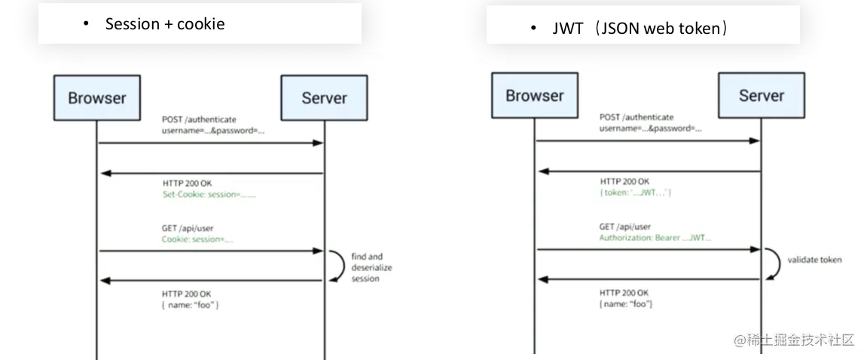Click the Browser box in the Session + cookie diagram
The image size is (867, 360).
[x=97, y=98]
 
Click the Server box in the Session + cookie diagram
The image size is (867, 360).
[x=324, y=98]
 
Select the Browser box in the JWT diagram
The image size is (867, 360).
[x=535, y=96]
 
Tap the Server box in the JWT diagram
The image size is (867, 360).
[x=761, y=96]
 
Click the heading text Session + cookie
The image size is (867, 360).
[x=165, y=24]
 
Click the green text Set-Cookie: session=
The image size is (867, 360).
[x=209, y=194]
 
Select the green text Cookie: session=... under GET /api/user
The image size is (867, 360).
[x=198, y=239]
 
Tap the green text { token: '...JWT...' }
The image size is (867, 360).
[x=636, y=193]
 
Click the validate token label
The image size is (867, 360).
[x=814, y=260]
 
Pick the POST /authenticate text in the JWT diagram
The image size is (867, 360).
[x=637, y=117]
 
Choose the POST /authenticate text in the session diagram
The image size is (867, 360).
[x=199, y=119]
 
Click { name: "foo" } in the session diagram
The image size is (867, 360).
[x=191, y=305]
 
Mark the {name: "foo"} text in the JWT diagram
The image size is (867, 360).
[x=626, y=303]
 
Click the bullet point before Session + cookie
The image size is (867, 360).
[x=86, y=25]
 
